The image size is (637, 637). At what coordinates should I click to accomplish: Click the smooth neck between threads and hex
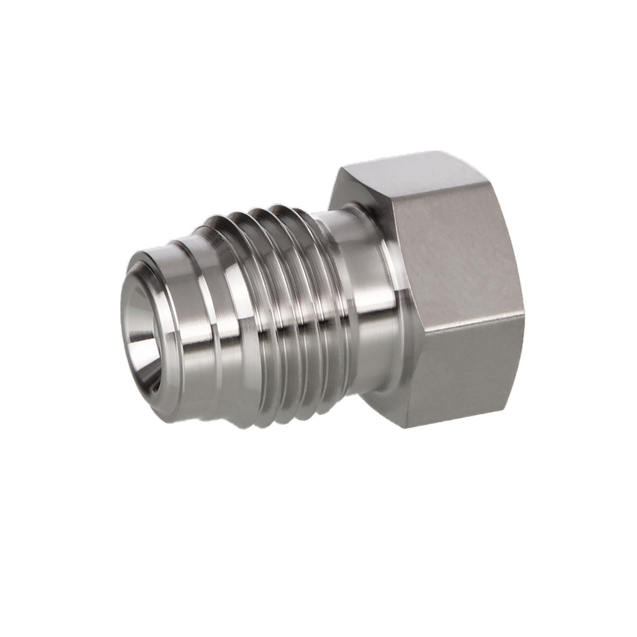364,297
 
